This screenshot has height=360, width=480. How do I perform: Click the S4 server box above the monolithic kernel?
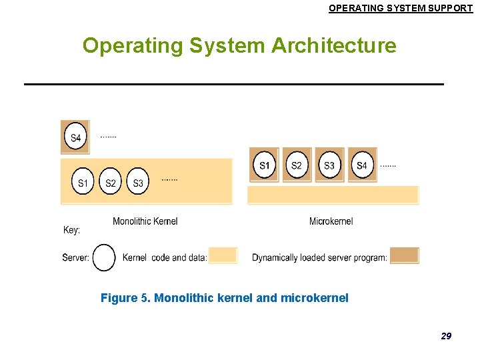[75, 137]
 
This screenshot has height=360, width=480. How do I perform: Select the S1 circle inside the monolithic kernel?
[83, 181]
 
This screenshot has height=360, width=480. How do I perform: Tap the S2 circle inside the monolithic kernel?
[111, 181]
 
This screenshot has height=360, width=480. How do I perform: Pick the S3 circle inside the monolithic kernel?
[137, 181]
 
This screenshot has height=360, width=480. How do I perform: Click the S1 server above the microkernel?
[265, 165]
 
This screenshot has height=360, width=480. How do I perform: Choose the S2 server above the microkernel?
[297, 165]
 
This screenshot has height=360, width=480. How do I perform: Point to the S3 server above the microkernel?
[329, 165]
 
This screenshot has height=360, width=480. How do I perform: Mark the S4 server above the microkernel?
[361, 165]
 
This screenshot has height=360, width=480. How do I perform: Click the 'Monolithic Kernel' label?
[145, 221]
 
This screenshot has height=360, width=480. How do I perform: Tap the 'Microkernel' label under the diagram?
[331, 221]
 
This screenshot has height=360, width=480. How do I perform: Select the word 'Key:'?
[71, 230]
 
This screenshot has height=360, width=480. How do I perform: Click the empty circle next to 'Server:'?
[104, 257]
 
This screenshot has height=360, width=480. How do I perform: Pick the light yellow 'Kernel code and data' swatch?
[223, 256]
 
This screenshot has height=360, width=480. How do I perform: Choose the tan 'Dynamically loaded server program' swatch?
[404, 255]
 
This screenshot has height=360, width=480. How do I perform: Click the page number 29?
[446, 336]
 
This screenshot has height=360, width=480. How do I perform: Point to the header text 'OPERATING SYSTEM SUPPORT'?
[401, 8]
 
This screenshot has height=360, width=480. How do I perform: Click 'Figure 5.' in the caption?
[125, 298]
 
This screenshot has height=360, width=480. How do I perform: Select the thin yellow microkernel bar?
[333, 195]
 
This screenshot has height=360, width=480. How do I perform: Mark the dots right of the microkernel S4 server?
[387, 165]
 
